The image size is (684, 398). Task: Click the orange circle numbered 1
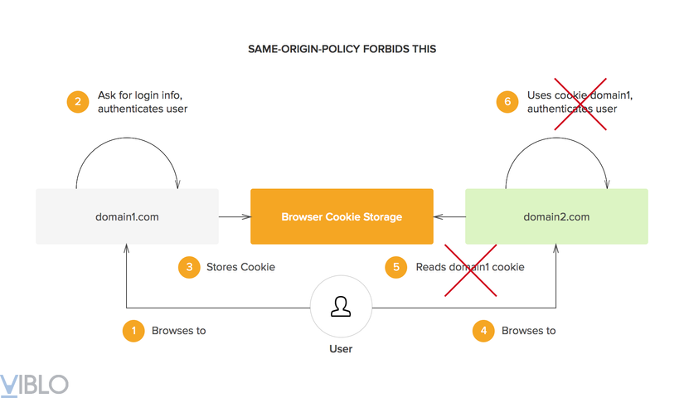coord(133,331)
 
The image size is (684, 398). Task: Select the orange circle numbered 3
coord(190,267)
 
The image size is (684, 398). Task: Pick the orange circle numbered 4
coord(483,331)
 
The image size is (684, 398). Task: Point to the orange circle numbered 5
coord(396,267)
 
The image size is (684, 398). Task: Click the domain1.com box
coord(127,216)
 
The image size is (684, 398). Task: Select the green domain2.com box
coord(556,216)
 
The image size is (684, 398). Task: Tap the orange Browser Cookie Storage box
coord(342,216)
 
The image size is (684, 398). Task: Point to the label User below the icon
coord(341,349)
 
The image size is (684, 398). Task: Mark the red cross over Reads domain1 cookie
coord(471,269)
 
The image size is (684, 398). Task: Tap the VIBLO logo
coord(34,384)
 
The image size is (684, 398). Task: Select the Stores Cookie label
coord(240,267)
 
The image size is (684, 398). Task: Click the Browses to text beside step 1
coord(178,331)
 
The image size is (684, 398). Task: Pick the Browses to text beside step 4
coord(528,331)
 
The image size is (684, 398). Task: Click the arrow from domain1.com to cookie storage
coord(235,217)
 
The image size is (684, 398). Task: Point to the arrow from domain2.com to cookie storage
coord(449,217)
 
